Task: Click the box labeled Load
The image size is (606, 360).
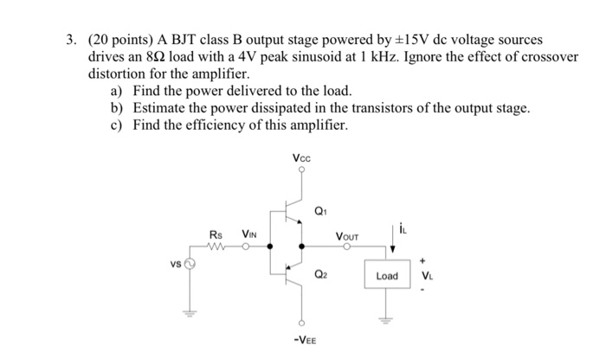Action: (x=387, y=276)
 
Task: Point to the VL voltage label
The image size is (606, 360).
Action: (x=425, y=277)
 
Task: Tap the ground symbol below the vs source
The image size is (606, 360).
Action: (x=184, y=313)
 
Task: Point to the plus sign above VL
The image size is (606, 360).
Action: (x=424, y=258)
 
